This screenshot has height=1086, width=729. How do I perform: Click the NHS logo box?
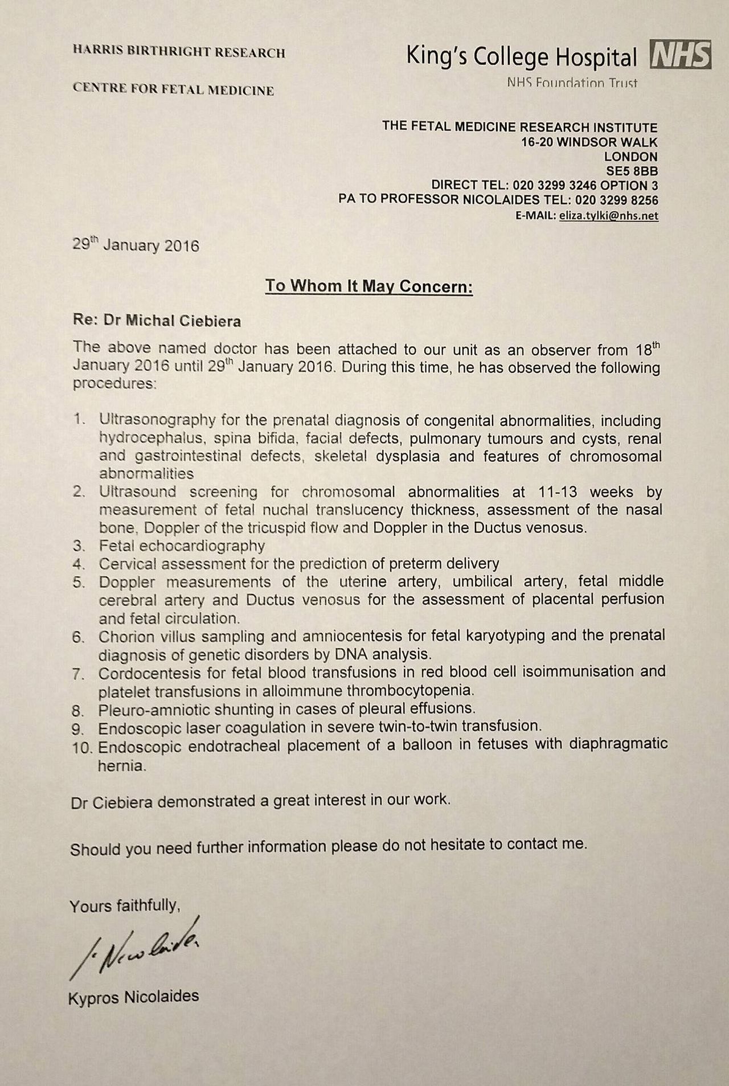681,55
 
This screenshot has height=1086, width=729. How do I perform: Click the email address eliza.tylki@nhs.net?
608,216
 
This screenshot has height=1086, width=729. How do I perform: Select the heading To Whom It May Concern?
369,285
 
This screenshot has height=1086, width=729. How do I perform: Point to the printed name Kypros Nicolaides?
134,997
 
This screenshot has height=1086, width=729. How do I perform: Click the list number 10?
83,747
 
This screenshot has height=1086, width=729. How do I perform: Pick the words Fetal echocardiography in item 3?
182,546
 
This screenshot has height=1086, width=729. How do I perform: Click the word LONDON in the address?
631,156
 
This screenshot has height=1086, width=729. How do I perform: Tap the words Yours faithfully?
125,905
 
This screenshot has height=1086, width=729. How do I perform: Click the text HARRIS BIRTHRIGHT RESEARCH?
179,53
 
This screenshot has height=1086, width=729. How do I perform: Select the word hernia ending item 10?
122,765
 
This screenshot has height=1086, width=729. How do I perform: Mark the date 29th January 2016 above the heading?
136,246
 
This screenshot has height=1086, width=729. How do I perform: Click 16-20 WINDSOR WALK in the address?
589,142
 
